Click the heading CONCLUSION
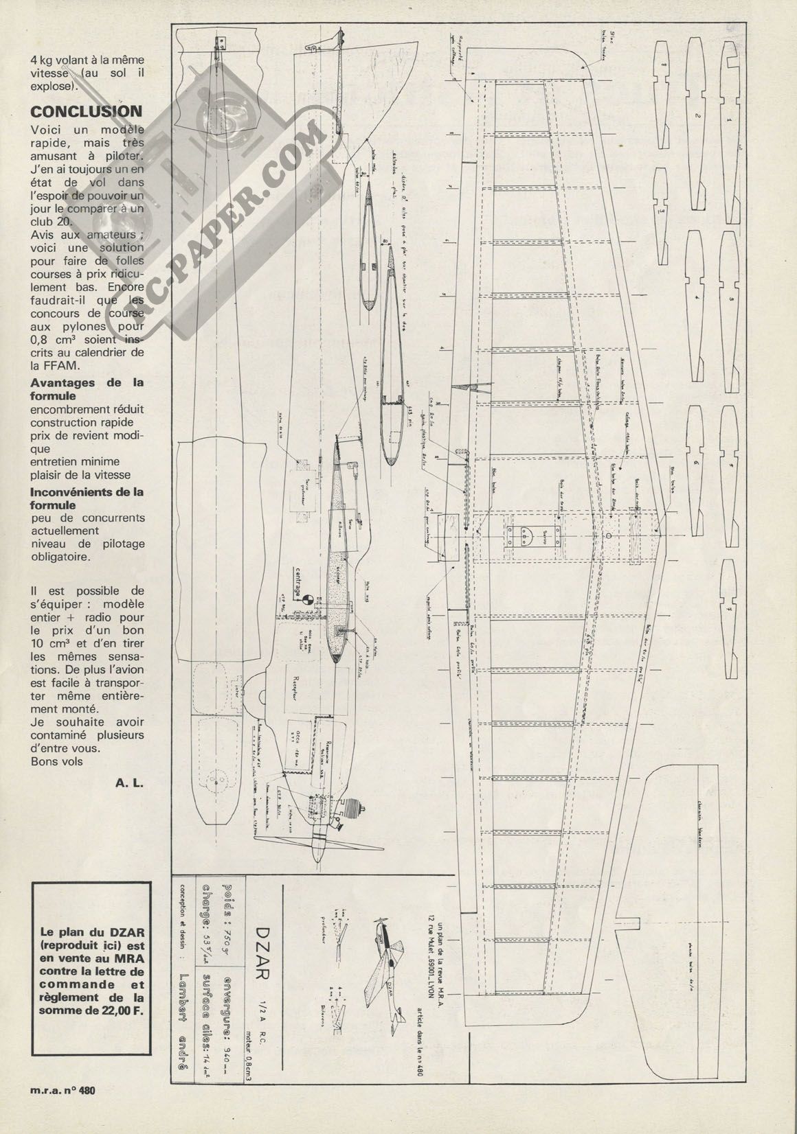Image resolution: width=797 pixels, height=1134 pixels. tap(86, 111)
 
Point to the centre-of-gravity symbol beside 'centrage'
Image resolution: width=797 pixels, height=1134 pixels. tap(308, 599)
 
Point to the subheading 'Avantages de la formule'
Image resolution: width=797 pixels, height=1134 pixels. tap(87, 389)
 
